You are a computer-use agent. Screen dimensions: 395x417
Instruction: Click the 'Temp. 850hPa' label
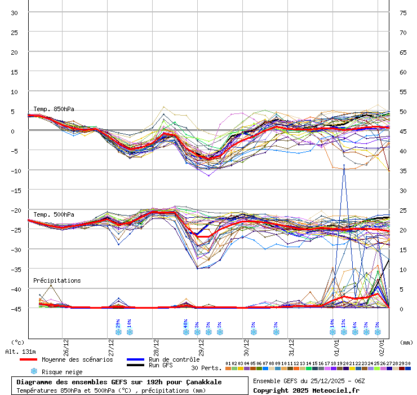54,109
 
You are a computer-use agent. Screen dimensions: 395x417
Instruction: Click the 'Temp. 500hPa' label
54,214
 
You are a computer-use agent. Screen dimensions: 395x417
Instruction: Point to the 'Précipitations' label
56,280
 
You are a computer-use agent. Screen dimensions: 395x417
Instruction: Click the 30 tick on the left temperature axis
15,12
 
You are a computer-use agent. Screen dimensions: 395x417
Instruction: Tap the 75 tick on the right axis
403,12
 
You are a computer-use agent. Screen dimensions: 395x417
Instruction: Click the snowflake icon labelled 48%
186,332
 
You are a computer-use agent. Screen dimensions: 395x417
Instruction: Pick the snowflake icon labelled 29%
118,332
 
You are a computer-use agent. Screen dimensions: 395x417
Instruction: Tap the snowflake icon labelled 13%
344,332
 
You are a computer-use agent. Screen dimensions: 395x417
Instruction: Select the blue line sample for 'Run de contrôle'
135,359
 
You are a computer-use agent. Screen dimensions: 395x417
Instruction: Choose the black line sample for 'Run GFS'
135,365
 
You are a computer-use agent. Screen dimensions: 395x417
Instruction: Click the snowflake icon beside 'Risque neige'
34,371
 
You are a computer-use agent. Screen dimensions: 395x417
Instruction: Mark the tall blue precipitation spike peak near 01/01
344,165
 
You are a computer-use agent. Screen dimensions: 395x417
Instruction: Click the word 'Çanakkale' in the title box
202,382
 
